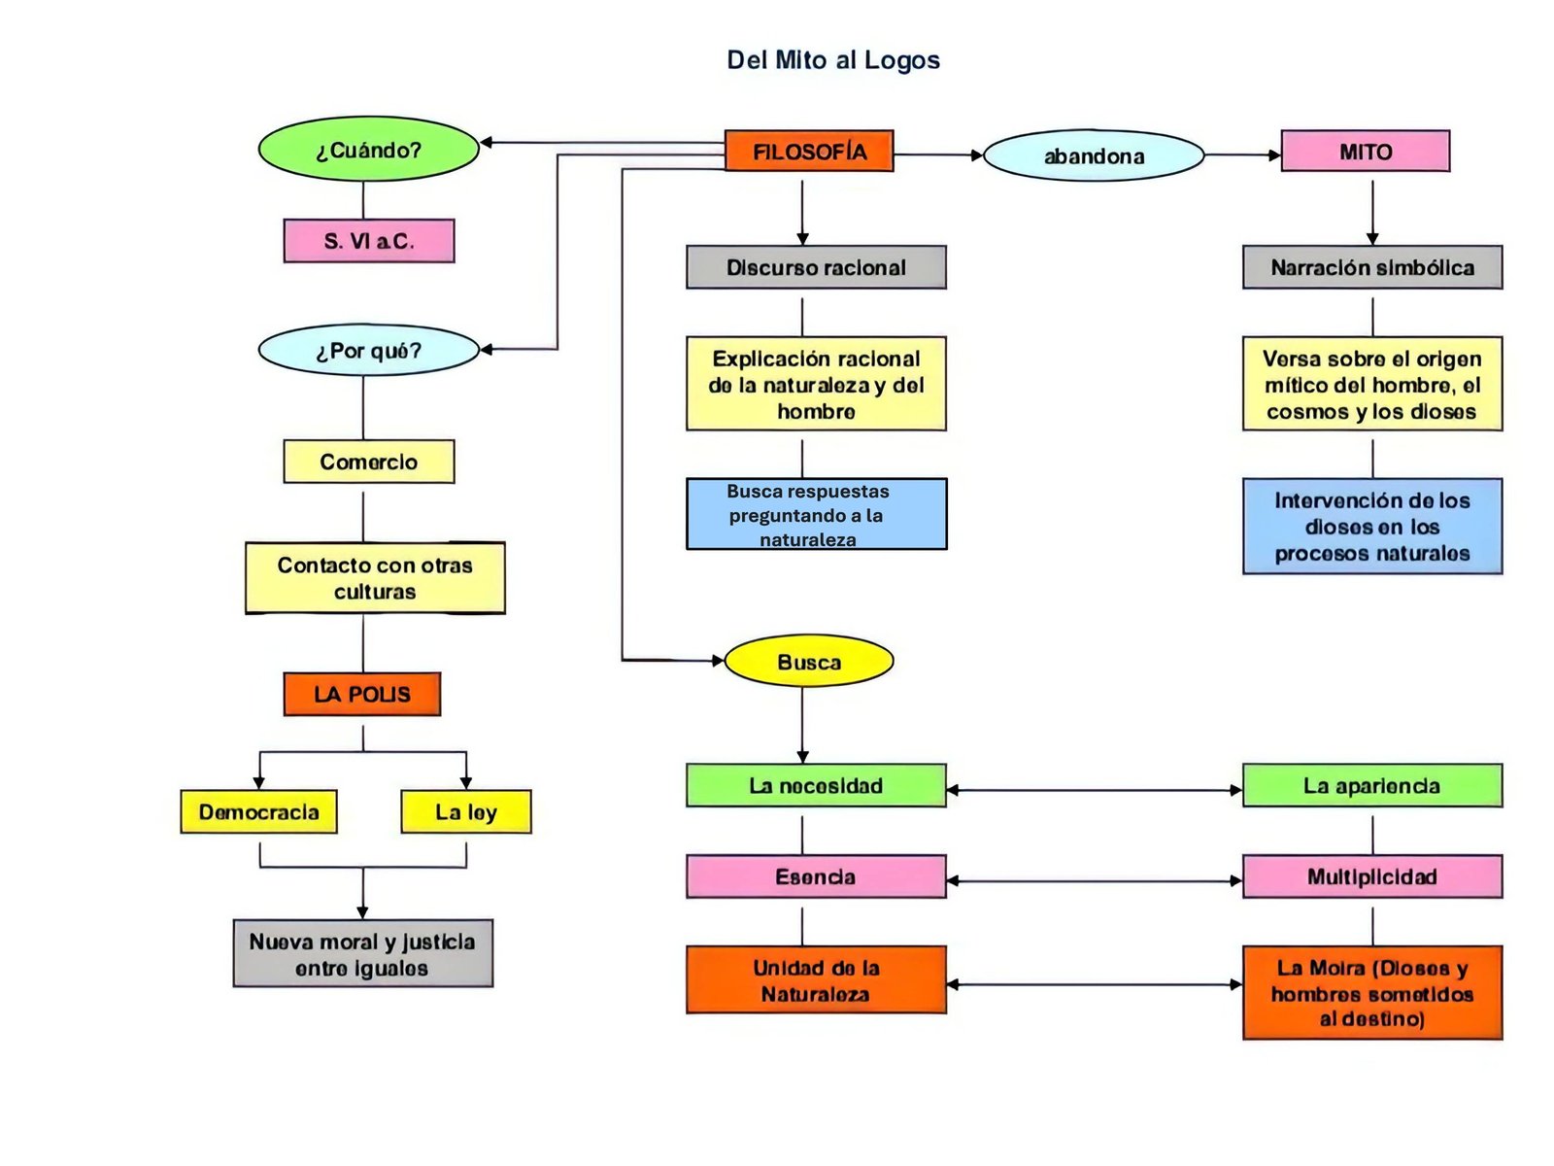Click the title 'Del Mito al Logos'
click(832, 60)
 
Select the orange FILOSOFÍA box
click(808, 152)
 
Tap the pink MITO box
click(1365, 152)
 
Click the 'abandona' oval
click(1094, 155)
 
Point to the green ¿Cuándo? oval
click(368, 150)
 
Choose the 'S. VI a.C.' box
click(368, 241)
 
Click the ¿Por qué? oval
click(368, 350)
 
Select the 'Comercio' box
click(368, 462)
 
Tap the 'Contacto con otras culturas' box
click(375, 578)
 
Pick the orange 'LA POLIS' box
click(361, 694)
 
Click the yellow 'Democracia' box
click(258, 811)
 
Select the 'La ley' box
click(465, 811)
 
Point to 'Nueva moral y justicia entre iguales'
click(362, 953)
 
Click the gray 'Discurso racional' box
click(816, 267)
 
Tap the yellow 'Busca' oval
click(808, 662)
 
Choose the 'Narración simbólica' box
click(1371, 267)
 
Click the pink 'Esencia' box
click(816, 876)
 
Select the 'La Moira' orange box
click(1371, 992)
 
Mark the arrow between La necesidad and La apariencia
click(1094, 790)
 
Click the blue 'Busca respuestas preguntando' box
click(816, 514)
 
